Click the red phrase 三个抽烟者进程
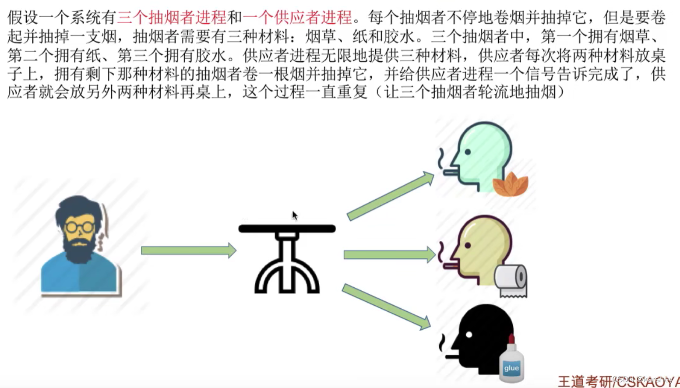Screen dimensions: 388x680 172,18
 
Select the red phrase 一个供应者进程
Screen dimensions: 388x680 298,18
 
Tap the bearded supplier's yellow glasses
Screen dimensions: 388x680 80,227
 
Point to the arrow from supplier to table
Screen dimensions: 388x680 188,250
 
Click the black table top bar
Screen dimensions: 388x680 287,229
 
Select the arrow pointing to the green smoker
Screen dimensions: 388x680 390,196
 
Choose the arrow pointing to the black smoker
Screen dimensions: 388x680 385,306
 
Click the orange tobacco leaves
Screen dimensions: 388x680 511,184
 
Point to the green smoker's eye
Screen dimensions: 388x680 468,152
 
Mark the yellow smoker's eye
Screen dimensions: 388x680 468,246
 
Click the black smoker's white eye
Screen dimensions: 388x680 469,335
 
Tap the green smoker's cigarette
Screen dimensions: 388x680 451,173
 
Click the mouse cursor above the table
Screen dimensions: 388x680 295,215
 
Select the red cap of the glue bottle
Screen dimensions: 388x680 511,339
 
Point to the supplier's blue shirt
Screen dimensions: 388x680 79,276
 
